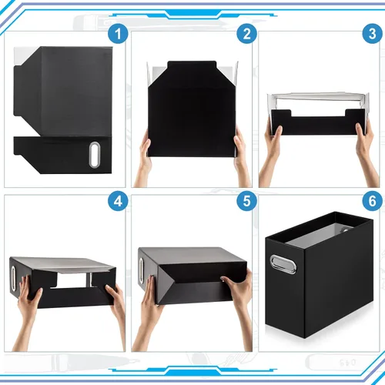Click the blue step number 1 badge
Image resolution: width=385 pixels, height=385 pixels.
point(118,34)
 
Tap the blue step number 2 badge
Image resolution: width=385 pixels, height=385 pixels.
point(246,34)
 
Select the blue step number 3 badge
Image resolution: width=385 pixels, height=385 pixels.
point(373,34)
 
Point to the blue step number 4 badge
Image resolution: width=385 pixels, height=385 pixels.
point(118,201)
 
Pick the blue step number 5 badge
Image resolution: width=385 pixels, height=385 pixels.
point(246,201)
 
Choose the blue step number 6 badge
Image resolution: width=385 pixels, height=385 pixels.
point(373,201)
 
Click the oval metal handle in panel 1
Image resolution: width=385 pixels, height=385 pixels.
point(95,155)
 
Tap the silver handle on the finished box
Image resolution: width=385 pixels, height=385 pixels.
point(283,264)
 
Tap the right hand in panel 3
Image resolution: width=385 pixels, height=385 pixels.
point(366,152)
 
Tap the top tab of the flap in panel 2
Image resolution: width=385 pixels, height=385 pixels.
point(192,65)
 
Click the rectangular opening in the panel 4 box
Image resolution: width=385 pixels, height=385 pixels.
point(73,280)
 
